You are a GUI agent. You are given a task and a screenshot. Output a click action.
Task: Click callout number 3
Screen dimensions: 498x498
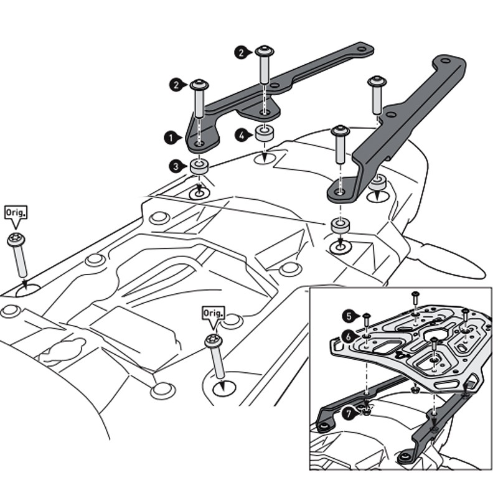coord(176,166)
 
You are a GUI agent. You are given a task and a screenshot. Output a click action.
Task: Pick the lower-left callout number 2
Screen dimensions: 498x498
coord(176,83)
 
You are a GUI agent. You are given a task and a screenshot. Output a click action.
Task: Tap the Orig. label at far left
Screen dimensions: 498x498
coord(16,214)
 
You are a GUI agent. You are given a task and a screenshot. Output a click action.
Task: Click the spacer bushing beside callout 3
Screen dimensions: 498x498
coord(199,167)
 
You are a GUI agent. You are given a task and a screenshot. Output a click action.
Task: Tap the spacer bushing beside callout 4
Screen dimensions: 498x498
coord(263,133)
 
